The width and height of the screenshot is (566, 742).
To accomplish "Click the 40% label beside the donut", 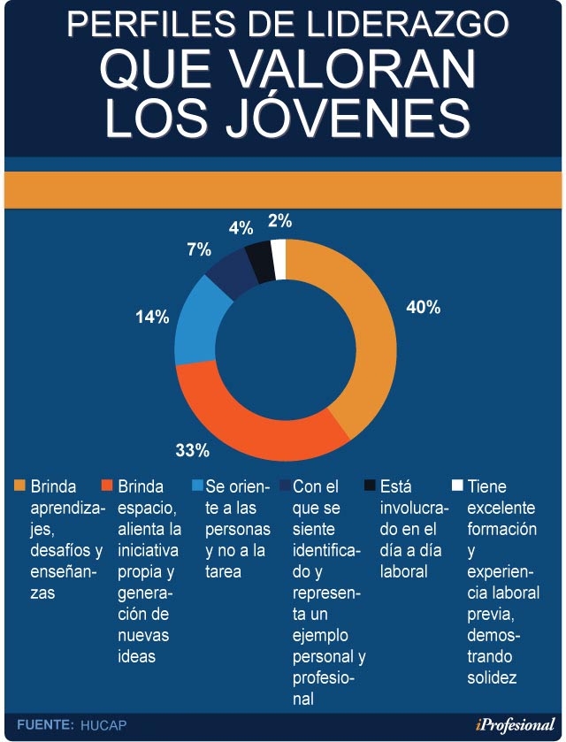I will [x=423, y=308].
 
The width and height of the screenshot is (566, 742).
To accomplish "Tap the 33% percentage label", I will [x=192, y=451].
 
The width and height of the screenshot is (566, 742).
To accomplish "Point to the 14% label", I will [x=151, y=317].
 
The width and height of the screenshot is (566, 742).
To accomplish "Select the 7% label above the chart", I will [x=199, y=250].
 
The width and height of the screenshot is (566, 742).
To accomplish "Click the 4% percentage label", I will [x=241, y=228].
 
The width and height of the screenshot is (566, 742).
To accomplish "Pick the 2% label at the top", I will [x=280, y=221].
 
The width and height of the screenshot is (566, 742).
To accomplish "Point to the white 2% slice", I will [x=279, y=259].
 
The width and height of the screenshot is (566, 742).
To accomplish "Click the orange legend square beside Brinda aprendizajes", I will [x=20, y=486].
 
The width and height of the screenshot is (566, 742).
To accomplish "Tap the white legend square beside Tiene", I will [x=456, y=486].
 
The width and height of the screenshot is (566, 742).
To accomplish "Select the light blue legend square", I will [x=195, y=486].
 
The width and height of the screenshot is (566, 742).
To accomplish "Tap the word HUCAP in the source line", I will [x=103, y=725].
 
